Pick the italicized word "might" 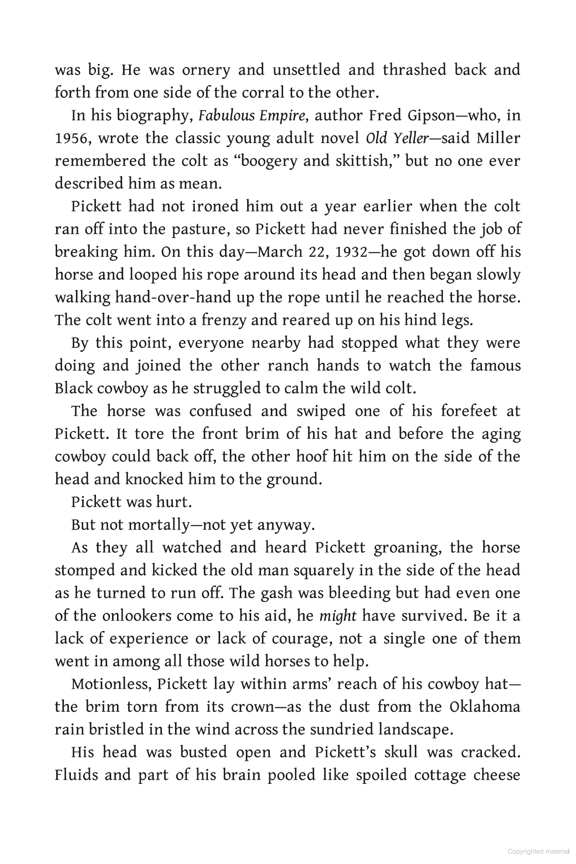337,616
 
